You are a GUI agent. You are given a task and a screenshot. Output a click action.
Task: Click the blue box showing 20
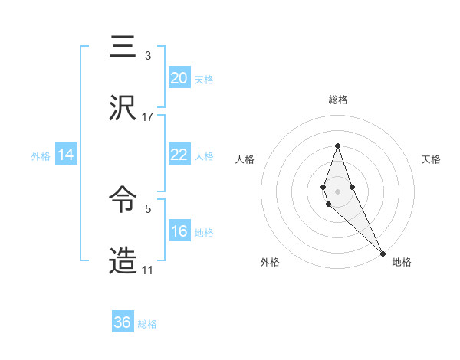179,78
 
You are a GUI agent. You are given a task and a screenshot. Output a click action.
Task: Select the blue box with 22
179,155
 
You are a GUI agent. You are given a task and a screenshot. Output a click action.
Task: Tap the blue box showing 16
179,231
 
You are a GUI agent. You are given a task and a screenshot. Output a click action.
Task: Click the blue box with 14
66,155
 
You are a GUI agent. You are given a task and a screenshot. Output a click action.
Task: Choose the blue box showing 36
123,322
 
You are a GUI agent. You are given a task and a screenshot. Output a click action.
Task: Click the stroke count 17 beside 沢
148,117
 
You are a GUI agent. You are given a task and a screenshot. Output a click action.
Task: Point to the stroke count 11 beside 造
148,270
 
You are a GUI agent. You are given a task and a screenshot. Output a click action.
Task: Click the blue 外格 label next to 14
41,156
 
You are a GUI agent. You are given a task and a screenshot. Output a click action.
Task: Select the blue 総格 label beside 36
147,324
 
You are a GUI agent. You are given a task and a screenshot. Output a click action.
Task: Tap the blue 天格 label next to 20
204,80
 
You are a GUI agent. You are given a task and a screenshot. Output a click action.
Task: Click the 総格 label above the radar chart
337,100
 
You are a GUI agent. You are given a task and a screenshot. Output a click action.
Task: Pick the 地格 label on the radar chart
402,262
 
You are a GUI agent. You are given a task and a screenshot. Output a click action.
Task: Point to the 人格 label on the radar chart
245,159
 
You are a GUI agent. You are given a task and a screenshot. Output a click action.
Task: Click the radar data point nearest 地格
383,252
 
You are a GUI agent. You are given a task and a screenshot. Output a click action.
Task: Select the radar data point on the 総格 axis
337,146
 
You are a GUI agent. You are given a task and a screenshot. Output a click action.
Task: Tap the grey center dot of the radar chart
337,191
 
